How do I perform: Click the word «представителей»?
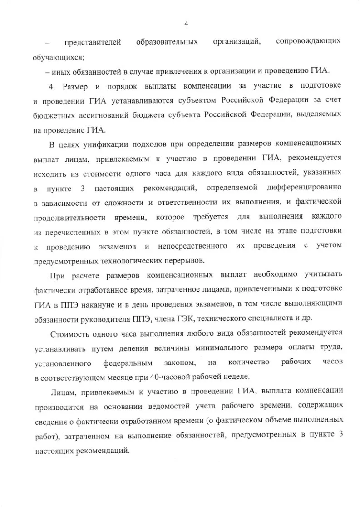coord(93,43)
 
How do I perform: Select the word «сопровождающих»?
coord(308,42)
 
